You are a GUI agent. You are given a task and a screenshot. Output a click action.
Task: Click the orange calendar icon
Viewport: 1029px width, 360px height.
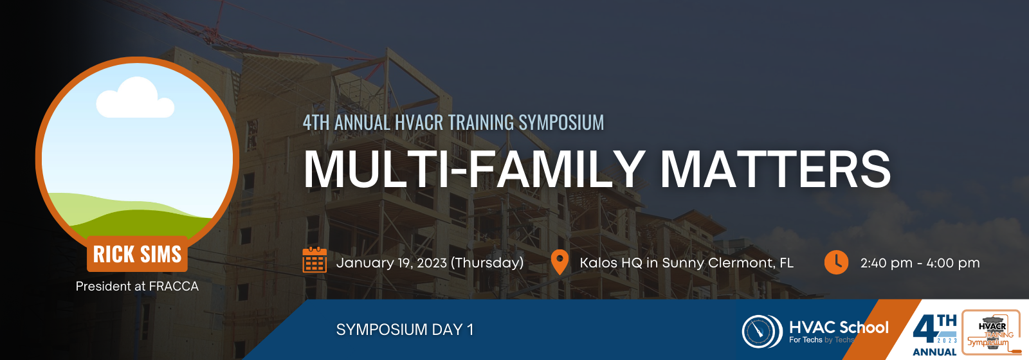pos(314,260)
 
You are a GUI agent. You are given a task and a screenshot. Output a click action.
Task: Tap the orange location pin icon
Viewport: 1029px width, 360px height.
pos(560,262)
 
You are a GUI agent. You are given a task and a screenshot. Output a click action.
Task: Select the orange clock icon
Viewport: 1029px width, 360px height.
pos(836,262)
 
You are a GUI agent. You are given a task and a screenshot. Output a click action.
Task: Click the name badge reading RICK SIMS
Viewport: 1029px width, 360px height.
pos(137,254)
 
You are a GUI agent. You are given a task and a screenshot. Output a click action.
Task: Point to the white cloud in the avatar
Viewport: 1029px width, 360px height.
pos(134,98)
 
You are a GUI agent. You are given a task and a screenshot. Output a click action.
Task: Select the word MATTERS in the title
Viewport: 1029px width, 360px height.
pos(775,168)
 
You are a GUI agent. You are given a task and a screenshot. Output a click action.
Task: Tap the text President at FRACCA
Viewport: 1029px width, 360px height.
pos(137,286)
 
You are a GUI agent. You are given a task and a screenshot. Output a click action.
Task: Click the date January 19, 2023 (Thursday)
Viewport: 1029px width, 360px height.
pos(430,263)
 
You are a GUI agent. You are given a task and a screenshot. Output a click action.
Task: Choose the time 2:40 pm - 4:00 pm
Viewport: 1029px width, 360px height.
pos(920,263)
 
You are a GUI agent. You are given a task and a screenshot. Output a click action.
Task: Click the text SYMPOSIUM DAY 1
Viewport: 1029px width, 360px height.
pos(405,330)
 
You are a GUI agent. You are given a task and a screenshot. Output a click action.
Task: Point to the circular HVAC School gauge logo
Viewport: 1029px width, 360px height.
pos(761,331)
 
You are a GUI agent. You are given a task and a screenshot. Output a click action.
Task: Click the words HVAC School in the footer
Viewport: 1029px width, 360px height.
pos(839,327)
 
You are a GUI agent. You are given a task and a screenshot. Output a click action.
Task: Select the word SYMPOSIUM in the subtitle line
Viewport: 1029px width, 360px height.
pos(561,122)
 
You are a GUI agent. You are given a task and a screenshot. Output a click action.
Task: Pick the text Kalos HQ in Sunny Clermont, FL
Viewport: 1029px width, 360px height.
pos(686,263)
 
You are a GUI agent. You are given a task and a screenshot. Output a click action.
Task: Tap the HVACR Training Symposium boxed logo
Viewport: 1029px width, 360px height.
pos(991,332)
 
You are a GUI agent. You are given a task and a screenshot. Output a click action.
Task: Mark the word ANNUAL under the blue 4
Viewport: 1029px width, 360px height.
pos(934,352)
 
